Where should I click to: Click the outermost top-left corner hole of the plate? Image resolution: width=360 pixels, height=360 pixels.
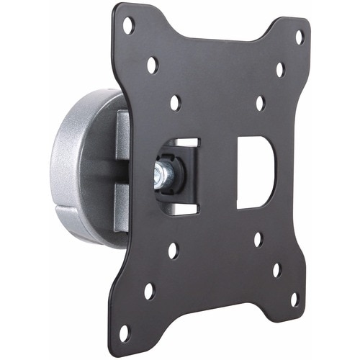(x=128, y=26)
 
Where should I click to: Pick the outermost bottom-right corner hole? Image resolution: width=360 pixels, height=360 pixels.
(x=294, y=298)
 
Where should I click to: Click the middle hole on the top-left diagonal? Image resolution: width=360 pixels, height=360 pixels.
(x=153, y=66)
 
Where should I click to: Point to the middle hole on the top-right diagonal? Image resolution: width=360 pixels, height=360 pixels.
(x=279, y=70)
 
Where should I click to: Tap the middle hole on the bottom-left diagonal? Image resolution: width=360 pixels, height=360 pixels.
(x=149, y=291)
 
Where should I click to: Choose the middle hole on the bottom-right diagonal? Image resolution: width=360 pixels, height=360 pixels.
(x=276, y=270)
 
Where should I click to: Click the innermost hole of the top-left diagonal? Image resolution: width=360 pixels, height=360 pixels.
(x=175, y=102)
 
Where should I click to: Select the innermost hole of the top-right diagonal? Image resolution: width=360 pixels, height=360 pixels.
(x=261, y=102)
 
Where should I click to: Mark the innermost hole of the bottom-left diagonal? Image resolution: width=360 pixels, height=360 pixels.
(x=173, y=251)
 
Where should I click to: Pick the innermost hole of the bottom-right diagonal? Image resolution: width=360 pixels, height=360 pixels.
(x=258, y=239)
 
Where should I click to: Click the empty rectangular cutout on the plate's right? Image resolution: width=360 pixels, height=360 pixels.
(x=256, y=173)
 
